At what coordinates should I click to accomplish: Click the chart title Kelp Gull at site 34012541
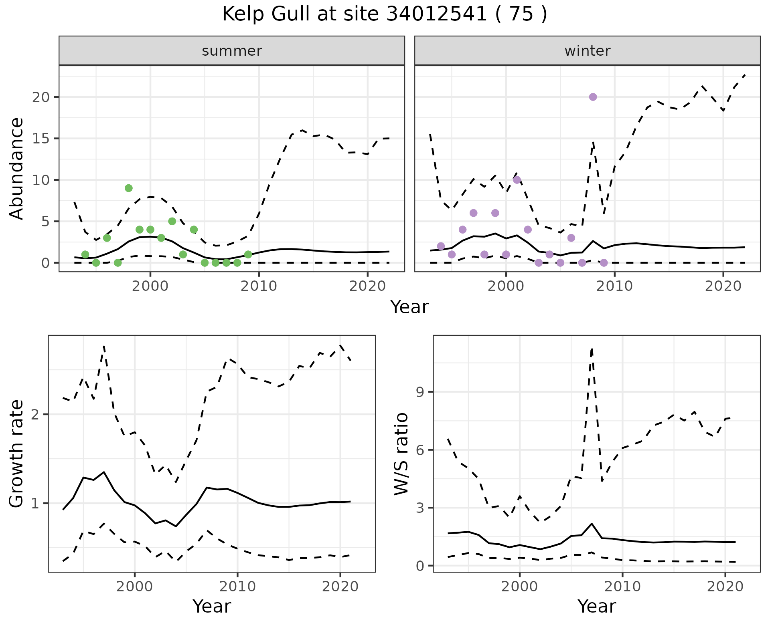(384, 14)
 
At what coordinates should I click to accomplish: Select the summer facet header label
(232, 51)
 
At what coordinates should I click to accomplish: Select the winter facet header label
(587, 51)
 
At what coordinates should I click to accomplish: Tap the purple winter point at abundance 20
(593, 97)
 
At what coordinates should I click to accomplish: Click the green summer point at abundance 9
(128, 188)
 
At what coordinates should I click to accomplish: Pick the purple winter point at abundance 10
(517, 180)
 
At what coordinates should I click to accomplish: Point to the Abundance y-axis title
(17, 168)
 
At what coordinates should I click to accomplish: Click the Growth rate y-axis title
(17, 454)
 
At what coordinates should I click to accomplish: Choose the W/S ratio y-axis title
(401, 454)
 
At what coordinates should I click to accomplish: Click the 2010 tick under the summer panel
(259, 286)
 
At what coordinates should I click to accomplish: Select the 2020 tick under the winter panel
(723, 286)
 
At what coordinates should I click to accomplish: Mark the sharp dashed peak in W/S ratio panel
(592, 349)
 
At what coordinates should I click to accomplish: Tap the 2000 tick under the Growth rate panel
(135, 587)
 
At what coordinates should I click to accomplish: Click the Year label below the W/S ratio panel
(596, 606)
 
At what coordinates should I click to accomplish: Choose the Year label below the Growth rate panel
(212, 606)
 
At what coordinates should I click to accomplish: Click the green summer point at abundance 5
(172, 221)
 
